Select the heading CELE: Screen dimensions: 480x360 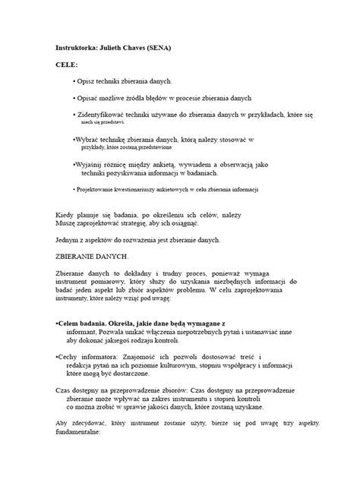pyautogui.click(x=68, y=65)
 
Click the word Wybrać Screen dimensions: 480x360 pyautogui.click(x=87, y=141)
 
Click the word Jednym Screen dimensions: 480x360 pyautogui.click(x=71, y=240)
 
